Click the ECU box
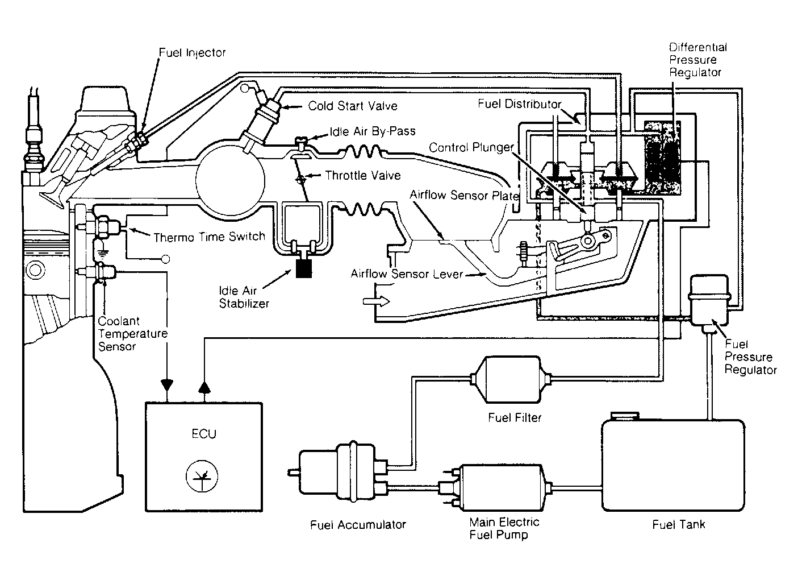(204, 457)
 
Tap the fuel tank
(673, 465)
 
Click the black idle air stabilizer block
(304, 268)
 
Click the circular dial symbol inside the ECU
(202, 476)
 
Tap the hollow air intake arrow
(376, 301)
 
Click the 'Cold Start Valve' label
(352, 106)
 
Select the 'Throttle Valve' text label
(363, 176)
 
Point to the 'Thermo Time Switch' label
(209, 237)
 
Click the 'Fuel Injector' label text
(192, 53)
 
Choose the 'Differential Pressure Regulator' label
(697, 60)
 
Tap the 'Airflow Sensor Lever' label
(407, 274)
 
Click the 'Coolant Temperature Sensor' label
(132, 334)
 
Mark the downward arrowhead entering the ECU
(167, 386)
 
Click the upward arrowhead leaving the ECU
(204, 387)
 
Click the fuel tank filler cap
(625, 416)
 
